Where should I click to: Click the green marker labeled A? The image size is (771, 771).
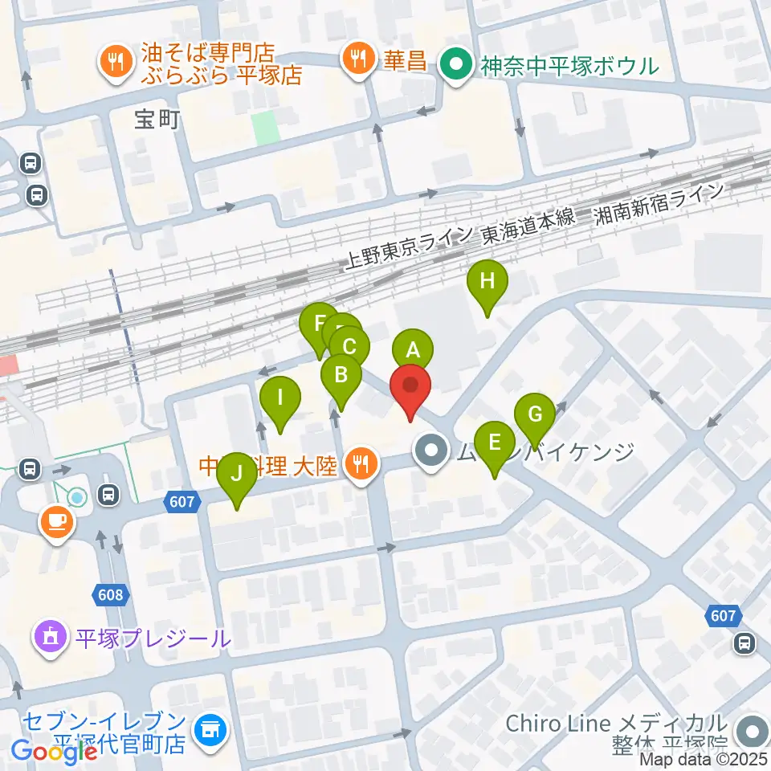coord(412,350)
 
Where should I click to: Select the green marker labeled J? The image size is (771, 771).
coord(236,474)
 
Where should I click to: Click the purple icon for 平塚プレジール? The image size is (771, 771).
coord(49,639)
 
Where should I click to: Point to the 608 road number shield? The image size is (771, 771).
coord(112,595)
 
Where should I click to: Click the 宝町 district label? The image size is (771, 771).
coord(157,120)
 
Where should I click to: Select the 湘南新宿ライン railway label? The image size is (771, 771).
coord(658,206)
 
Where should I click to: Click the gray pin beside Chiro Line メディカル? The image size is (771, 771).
coord(753,731)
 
